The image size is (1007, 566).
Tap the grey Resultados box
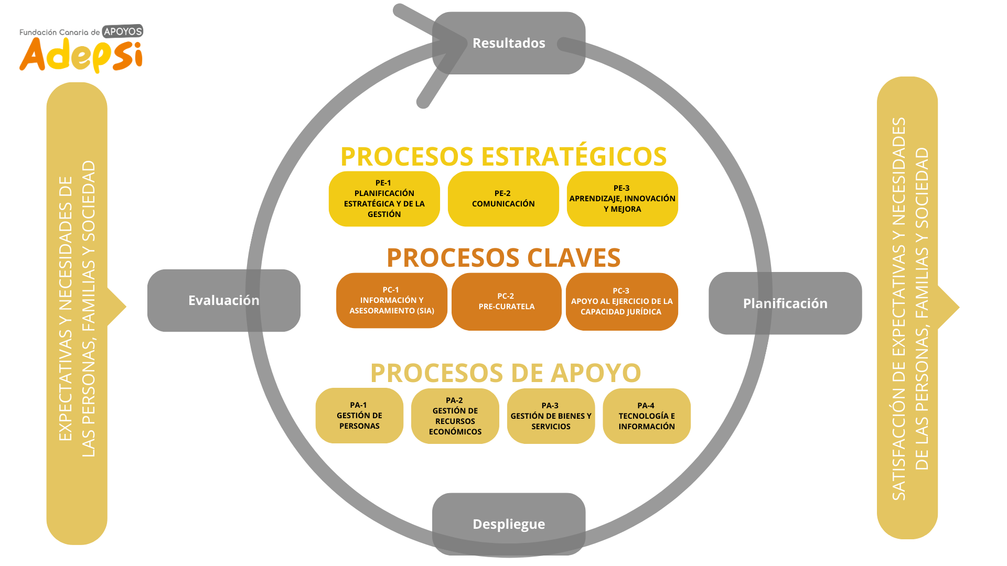point(508,43)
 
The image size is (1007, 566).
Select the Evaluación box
point(223,300)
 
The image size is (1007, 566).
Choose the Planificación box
point(785,303)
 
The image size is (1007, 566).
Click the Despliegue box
point(508,524)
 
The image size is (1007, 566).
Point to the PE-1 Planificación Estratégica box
point(384,199)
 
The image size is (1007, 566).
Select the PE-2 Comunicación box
point(503,199)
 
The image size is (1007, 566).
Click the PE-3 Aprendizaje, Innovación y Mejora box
point(622,199)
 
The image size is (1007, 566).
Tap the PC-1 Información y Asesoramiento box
point(391,300)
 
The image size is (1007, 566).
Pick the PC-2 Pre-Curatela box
point(506,301)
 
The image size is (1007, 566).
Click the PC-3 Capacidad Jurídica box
point(622,301)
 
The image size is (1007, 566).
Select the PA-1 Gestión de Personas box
point(359,416)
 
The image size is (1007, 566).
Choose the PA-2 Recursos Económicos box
point(455,416)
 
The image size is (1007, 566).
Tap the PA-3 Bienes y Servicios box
point(551,416)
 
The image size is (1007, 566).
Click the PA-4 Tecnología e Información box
point(646,416)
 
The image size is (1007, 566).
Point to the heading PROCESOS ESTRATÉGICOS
point(504,157)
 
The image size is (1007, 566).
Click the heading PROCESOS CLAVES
point(504,258)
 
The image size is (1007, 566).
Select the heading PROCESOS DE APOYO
point(506,373)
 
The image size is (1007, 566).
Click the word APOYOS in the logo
point(123,31)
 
